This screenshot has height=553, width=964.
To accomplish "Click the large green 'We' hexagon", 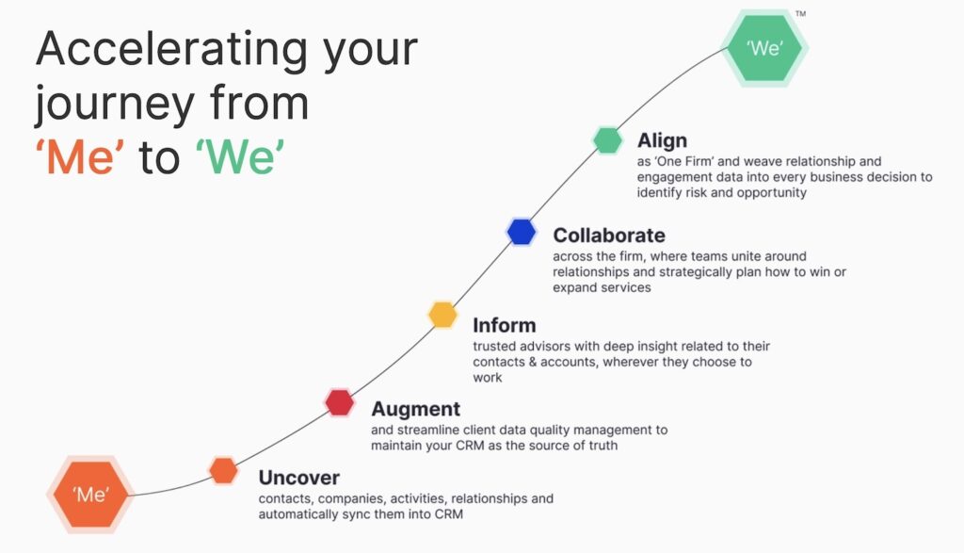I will coord(764,48).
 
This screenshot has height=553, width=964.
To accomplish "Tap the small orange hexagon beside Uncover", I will coord(223,470).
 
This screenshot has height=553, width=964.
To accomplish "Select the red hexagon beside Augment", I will coord(339,402).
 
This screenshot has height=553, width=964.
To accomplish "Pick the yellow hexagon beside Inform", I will coord(442,315).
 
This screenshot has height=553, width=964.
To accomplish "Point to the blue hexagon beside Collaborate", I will coord(521,232).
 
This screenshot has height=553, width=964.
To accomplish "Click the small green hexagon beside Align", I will coord(607,140).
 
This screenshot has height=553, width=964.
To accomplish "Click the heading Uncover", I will coord(298,478).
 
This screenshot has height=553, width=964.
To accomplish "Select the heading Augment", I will coord(415,409).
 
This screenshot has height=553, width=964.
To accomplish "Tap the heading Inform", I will coord(504,325).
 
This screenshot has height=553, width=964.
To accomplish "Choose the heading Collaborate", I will coord(608,236).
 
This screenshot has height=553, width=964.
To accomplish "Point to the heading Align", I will coord(662,141).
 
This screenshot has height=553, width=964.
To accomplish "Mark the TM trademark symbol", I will coord(800,14).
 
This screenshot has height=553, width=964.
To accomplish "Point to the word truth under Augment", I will coord(600,446).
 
